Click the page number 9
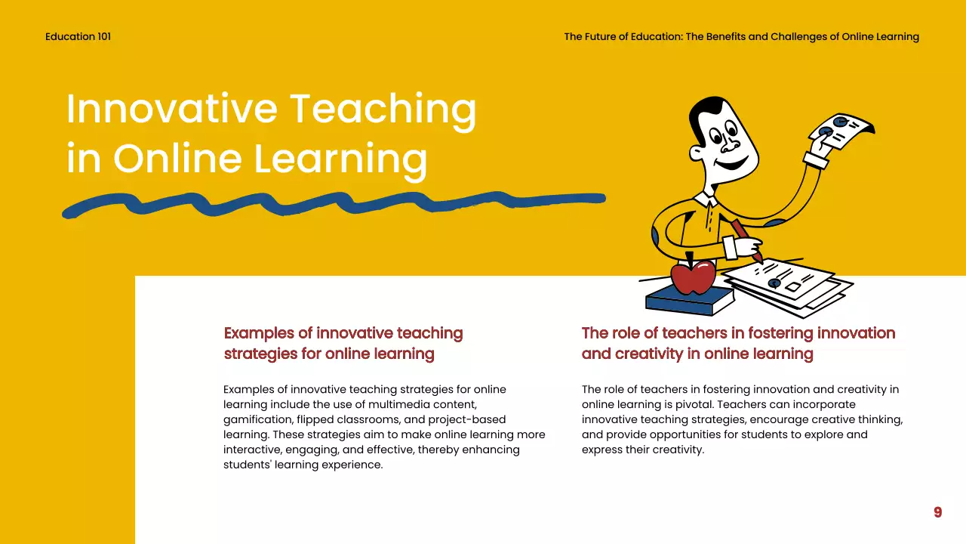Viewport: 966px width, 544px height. [x=937, y=512]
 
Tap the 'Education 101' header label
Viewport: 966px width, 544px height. [x=78, y=36]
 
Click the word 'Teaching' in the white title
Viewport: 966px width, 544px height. [x=383, y=110]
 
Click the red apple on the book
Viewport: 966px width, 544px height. [x=693, y=277]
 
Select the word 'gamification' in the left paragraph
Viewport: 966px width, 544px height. [x=257, y=419]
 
